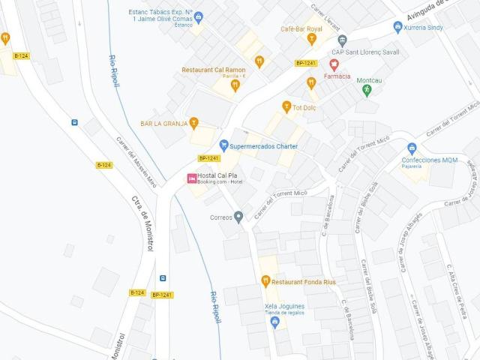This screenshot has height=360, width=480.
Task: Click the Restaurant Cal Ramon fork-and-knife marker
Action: click(x=235, y=85)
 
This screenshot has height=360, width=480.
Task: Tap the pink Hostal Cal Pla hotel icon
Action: click(x=192, y=178)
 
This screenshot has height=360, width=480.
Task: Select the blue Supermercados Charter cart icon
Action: click(x=223, y=145)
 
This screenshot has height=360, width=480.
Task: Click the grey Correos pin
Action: click(x=238, y=217)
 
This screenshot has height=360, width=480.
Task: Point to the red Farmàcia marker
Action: click(x=334, y=64)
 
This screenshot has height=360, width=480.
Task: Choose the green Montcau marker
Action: click(x=367, y=91)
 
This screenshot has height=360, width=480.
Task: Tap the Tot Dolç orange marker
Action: click(x=286, y=107)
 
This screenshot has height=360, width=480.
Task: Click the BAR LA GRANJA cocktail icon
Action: click(x=194, y=123)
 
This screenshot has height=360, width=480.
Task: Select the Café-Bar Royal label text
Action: click(x=301, y=28)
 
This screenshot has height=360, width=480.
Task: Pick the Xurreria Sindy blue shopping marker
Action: click(x=398, y=27)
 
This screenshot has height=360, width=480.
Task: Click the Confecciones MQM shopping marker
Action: click(x=411, y=148)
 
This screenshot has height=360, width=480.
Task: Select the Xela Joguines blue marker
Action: click(x=274, y=322)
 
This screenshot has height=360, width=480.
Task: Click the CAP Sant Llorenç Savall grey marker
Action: click(x=343, y=40)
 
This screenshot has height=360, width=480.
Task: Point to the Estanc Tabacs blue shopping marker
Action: click(x=198, y=16)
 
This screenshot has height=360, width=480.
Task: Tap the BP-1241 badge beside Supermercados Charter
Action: click(x=208, y=158)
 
